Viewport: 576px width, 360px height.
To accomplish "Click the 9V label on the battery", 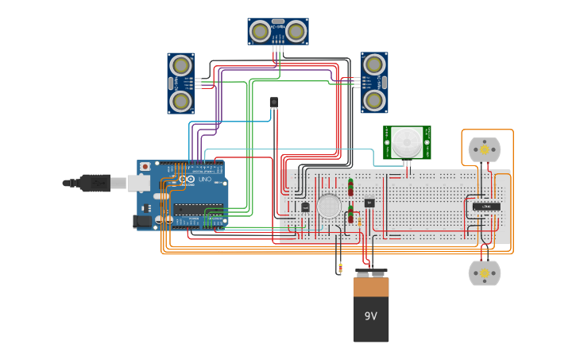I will tap(371, 316).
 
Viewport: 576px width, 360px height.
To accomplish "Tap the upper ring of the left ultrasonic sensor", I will tap(181, 65).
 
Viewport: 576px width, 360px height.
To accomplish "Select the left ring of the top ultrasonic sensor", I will tap(260, 31).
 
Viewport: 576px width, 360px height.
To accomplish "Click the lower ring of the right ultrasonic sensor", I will tap(374, 100).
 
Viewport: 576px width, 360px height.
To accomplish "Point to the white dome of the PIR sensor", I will tap(407, 143).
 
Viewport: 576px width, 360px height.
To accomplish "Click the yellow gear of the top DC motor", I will tap(484, 149).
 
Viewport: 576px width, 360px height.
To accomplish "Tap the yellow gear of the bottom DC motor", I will tap(484, 273).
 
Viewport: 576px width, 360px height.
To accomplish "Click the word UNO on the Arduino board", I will tap(203, 180).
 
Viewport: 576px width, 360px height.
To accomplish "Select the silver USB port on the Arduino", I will tap(140, 183).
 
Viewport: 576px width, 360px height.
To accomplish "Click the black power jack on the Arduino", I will tap(142, 222).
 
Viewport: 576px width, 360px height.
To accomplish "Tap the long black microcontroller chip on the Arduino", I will tap(198, 210).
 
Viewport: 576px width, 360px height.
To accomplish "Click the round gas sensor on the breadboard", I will tap(329, 206).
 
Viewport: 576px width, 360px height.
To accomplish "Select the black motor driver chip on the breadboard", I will tap(485, 207).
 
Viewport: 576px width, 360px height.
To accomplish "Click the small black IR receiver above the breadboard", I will tap(274, 103).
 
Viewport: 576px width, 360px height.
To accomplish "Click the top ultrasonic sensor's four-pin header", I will tap(278, 48).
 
